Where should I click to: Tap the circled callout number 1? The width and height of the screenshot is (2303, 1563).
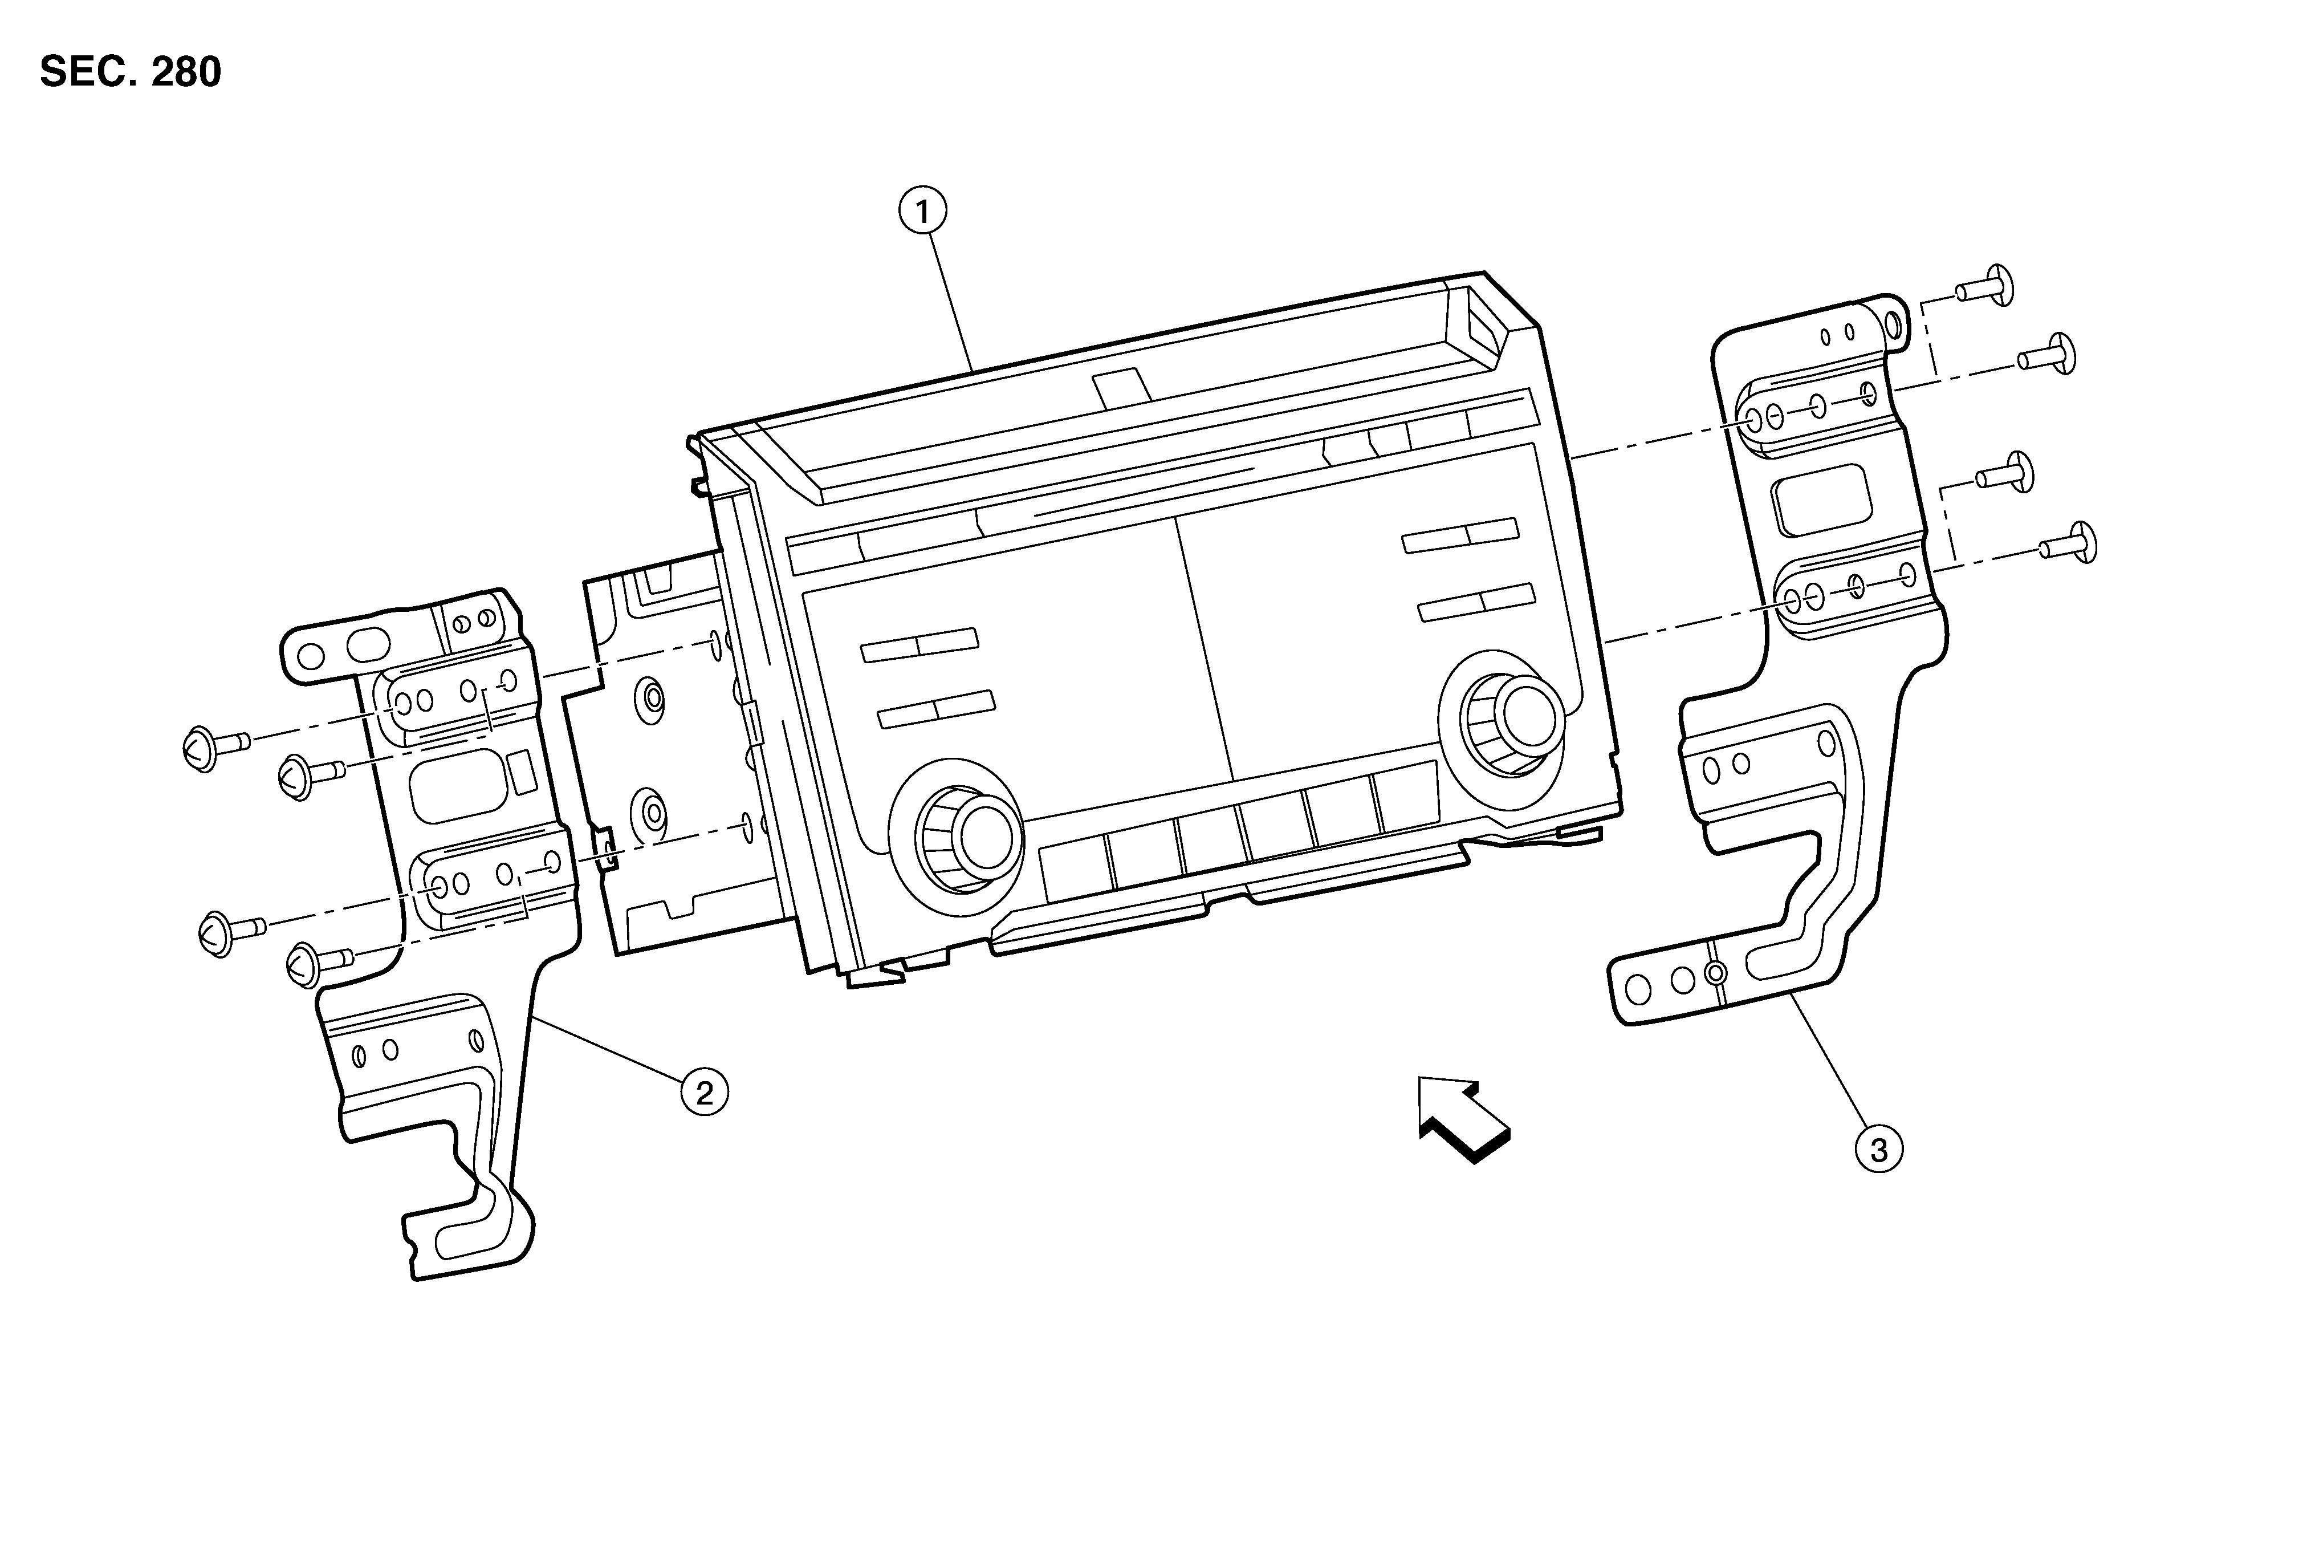click(922, 211)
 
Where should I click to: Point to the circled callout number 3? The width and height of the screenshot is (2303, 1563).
click(1878, 1150)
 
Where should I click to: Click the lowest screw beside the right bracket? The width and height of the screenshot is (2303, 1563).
click(2068, 542)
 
